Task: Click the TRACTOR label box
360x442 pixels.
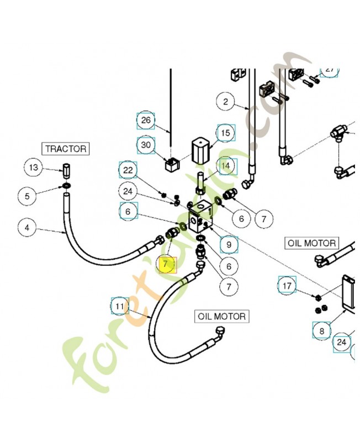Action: (x=66, y=149)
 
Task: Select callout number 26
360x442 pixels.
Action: (x=146, y=120)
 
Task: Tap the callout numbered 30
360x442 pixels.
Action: (x=146, y=145)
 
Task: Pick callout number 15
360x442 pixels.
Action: (x=225, y=133)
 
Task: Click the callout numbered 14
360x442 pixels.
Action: (x=225, y=165)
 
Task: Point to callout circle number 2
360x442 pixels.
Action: (x=225, y=101)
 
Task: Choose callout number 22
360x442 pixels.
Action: (x=128, y=170)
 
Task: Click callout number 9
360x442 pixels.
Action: (x=229, y=244)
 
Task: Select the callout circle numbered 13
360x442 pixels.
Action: (x=34, y=167)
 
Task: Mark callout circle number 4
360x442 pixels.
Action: (x=28, y=227)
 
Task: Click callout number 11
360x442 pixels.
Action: (x=120, y=306)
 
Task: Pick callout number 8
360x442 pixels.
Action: (x=322, y=331)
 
